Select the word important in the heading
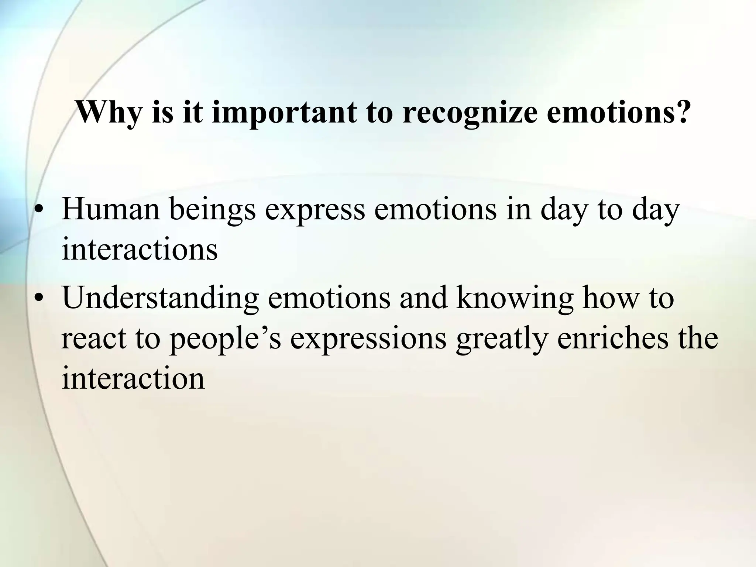pyautogui.click(x=284, y=113)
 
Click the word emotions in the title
pyautogui.click(x=609, y=113)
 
